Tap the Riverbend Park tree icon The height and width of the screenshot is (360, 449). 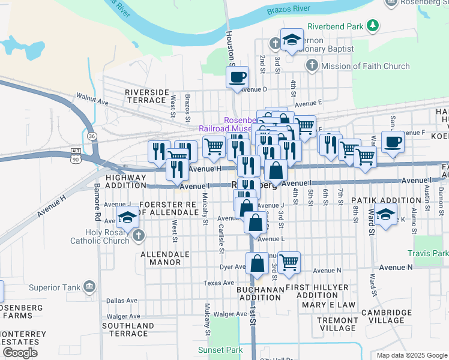(373, 26)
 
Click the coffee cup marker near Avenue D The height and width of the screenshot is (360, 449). (237, 77)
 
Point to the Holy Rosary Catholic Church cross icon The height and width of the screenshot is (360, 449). (139, 235)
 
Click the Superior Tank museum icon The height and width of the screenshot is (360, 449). (90, 287)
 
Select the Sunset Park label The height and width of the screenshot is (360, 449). (220, 350)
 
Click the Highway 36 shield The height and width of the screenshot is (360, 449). (90, 136)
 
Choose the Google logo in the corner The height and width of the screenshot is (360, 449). (20, 353)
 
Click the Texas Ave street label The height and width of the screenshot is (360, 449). (218, 283)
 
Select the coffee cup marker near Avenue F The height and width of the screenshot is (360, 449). (393, 143)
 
